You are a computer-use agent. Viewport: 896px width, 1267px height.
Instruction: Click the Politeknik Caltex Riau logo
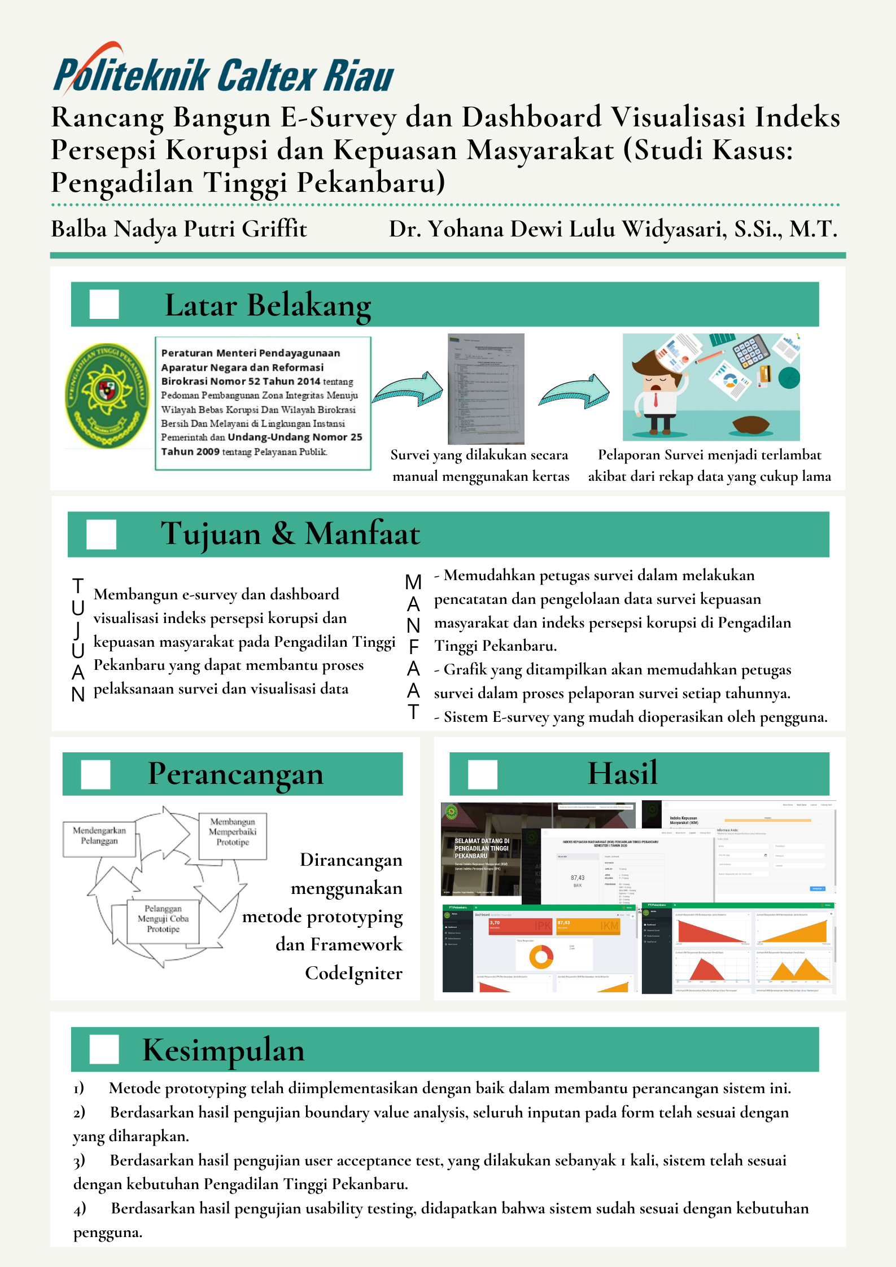pos(224,73)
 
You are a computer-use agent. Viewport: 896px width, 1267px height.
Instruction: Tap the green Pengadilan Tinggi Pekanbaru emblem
pos(107,395)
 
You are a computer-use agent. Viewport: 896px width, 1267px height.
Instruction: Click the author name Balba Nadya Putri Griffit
pos(179,229)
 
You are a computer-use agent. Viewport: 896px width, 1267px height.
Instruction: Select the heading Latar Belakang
pos(268,305)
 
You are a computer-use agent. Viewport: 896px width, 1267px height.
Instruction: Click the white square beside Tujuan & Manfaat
pos(101,534)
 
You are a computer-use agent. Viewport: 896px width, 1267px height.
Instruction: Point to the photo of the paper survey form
pos(486,389)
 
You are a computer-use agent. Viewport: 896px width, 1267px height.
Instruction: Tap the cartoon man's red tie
pos(655,400)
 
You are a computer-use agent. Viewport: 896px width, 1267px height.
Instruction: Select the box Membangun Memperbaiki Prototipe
pos(233,832)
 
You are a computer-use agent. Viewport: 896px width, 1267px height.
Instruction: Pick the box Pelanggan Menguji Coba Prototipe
pos(163,919)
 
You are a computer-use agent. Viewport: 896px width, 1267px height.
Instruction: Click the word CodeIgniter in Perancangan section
pos(353,973)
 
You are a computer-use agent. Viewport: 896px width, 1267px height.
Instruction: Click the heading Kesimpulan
pos(224,1050)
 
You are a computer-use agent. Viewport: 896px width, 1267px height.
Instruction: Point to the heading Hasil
pos(623,773)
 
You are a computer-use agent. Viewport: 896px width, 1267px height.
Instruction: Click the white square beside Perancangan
pos(95,774)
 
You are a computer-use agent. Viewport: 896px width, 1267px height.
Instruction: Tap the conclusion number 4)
pos(80,1208)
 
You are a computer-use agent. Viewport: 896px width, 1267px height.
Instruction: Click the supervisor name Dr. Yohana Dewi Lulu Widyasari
pos(613,229)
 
